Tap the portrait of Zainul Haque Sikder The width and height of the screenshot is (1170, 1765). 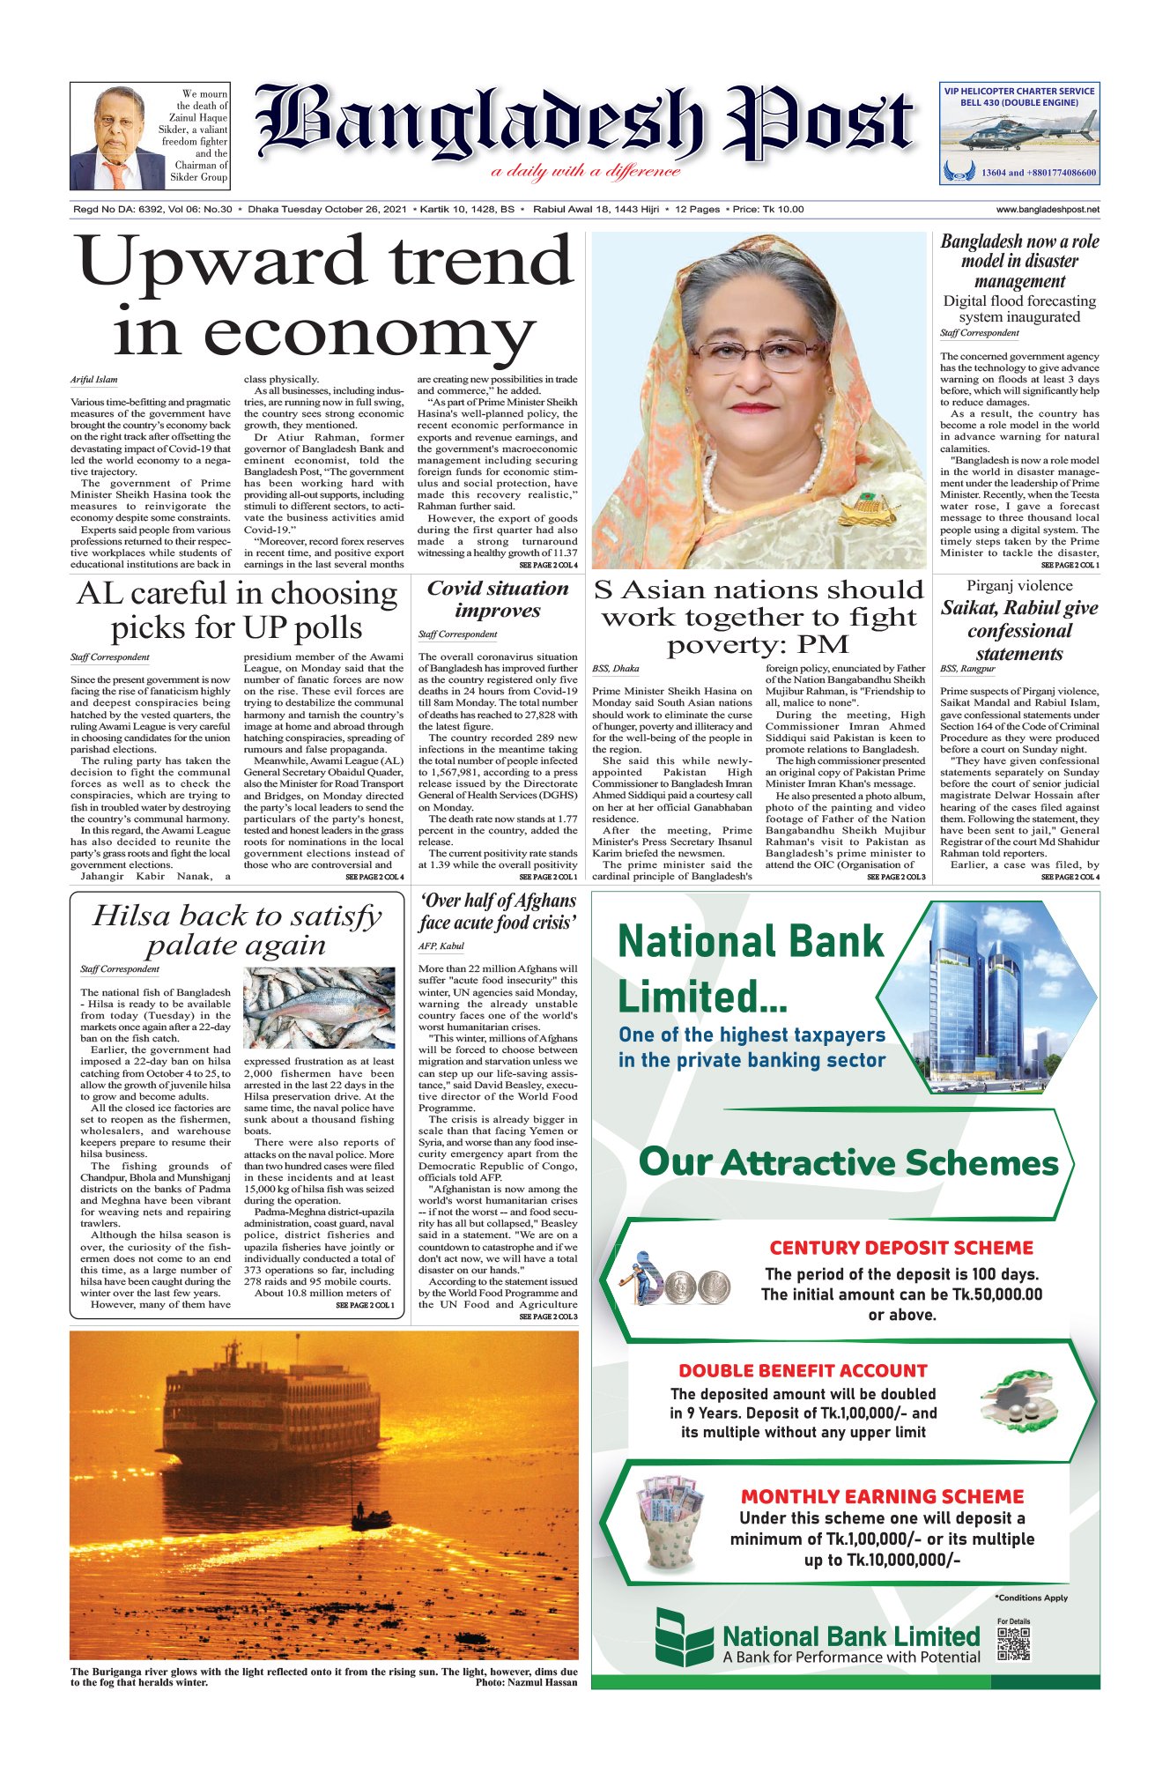click(x=117, y=137)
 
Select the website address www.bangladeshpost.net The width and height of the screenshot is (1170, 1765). click(x=1048, y=210)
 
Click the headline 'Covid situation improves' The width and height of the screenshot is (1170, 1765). click(x=498, y=599)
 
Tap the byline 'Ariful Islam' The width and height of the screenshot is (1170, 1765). click(x=94, y=380)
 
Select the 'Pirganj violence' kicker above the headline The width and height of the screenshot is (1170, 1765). click(x=1019, y=586)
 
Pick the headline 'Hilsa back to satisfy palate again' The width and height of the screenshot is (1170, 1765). click(x=236, y=931)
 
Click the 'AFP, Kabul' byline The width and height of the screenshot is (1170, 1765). click(x=441, y=946)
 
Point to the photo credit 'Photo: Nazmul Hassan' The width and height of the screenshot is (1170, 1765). click(x=526, y=1682)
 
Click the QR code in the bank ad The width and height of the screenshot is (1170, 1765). click(x=1013, y=1645)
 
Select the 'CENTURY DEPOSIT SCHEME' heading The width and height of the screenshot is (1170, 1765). click(x=901, y=1248)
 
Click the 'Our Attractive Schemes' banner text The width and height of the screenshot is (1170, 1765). click(x=848, y=1162)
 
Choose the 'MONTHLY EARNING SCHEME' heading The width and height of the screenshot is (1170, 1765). click(x=882, y=1497)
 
